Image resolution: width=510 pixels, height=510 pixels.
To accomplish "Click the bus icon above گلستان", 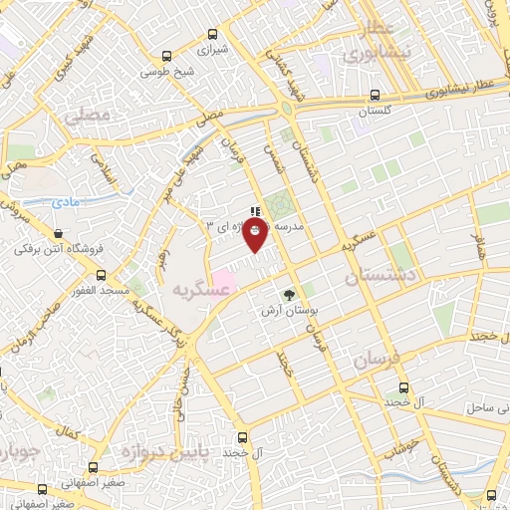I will tap(374, 96).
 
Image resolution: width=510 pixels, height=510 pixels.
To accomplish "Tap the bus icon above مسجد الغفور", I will tap(101, 274).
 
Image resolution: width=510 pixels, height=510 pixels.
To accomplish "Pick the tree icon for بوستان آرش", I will tap(289, 295).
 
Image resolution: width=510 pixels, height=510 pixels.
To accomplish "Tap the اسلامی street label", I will tap(101, 169).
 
